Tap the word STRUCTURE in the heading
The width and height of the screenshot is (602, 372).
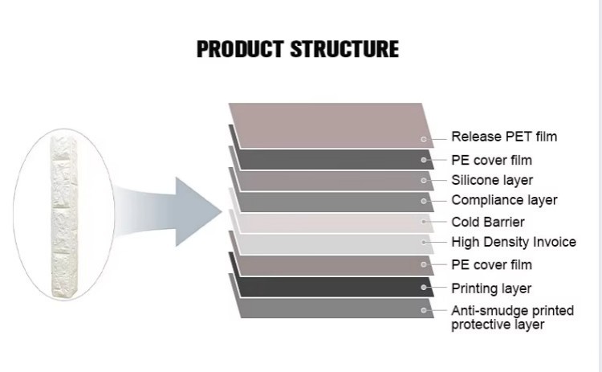coord(344,49)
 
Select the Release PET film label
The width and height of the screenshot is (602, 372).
coord(504,137)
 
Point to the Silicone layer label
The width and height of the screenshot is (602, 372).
coord(492,180)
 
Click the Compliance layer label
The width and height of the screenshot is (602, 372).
coord(504,200)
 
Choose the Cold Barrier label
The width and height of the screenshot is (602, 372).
coord(488,222)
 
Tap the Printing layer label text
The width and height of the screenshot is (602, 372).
coord(491,288)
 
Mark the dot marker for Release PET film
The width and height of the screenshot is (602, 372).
coord(424,139)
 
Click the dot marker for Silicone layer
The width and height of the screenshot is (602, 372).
coord(424,180)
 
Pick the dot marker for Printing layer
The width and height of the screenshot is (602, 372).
coord(424,288)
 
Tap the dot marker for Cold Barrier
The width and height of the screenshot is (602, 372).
coord(424,222)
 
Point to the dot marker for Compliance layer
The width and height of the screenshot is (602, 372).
coord(424,201)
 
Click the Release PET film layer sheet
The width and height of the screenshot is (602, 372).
coord(331,125)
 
